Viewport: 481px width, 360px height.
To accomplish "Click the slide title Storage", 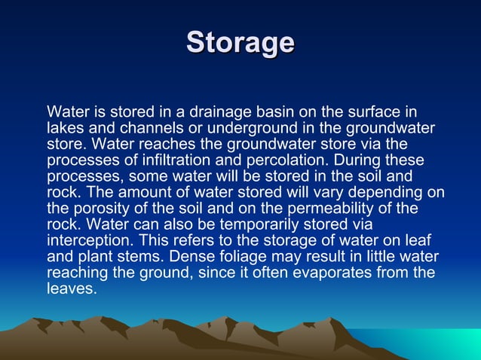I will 240,42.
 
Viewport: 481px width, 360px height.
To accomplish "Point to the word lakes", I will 65,128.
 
